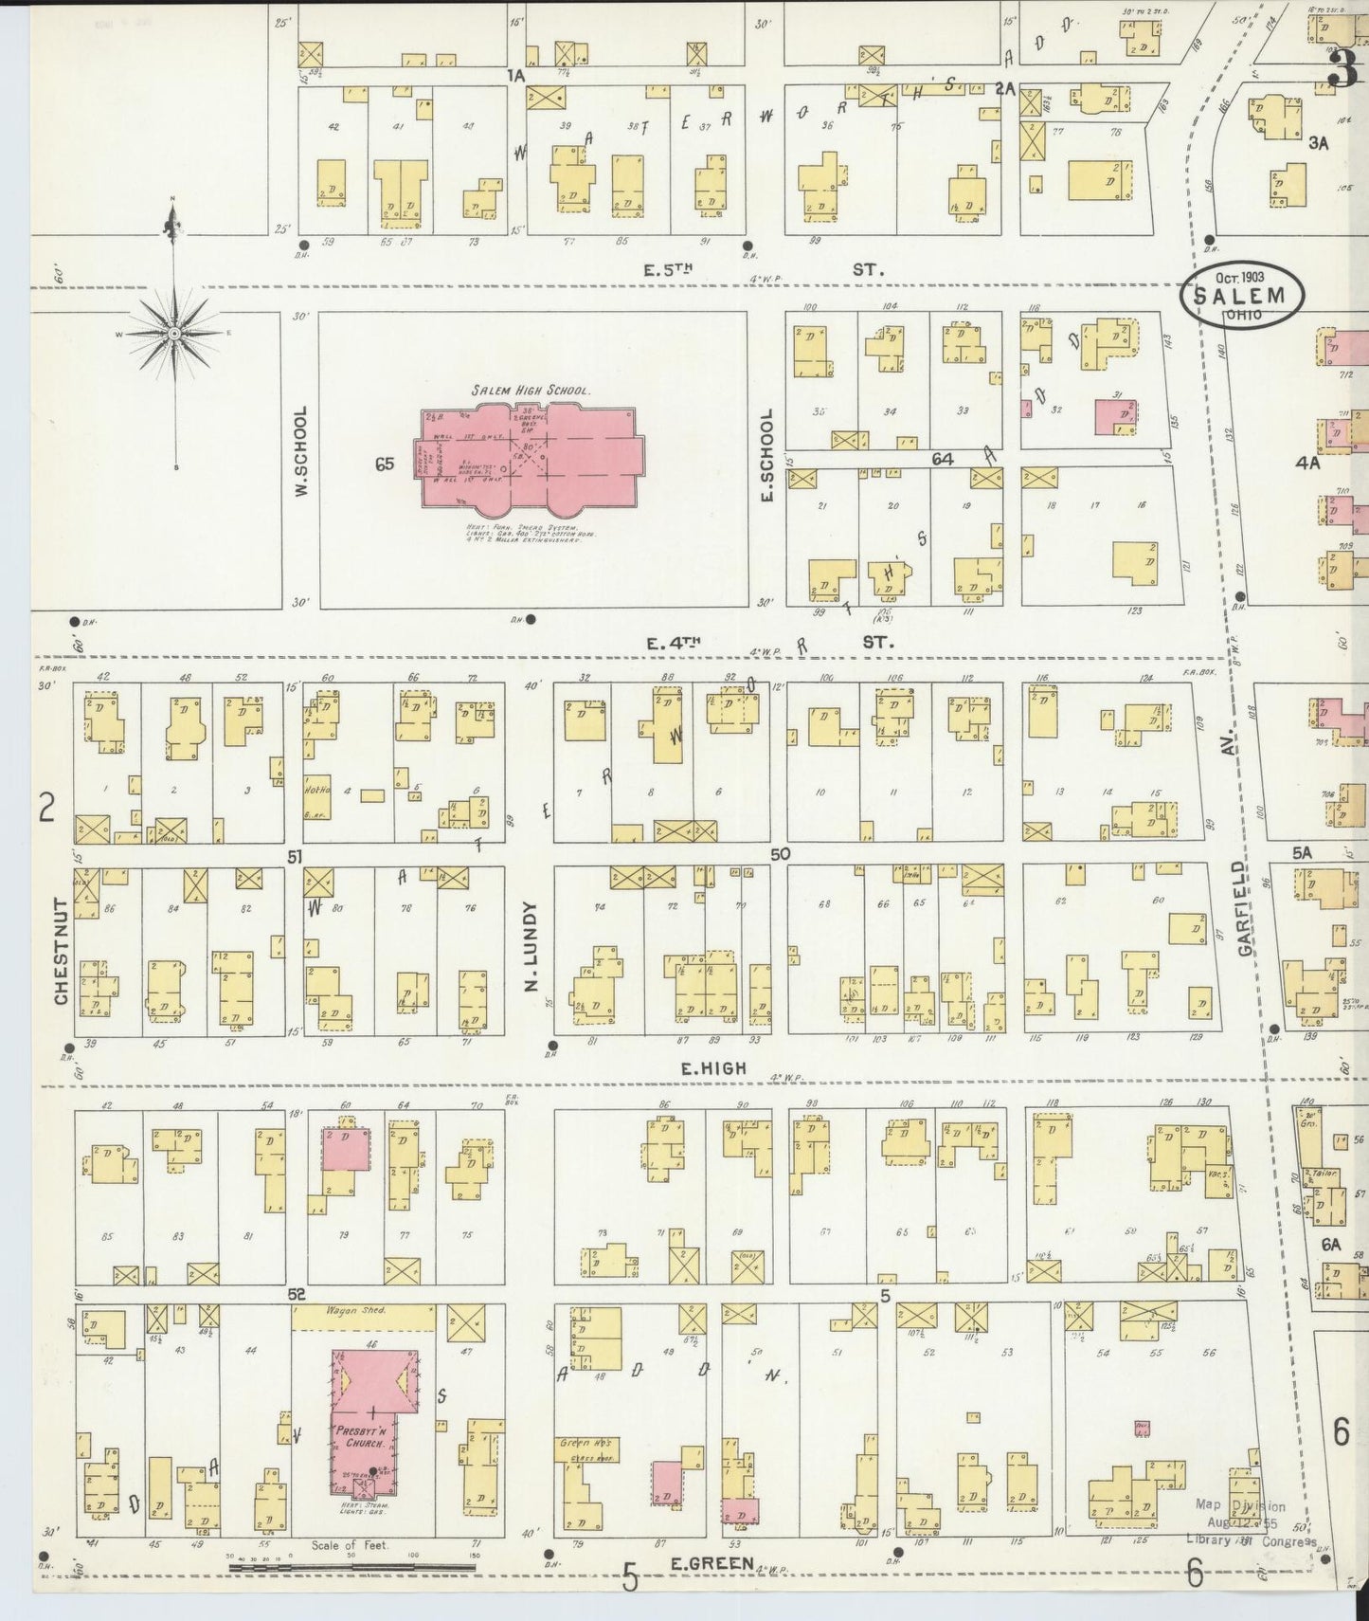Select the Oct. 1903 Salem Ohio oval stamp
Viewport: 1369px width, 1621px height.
tap(1240, 296)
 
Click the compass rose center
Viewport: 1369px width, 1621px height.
tap(174, 334)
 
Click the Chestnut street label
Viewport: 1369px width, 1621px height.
tap(61, 951)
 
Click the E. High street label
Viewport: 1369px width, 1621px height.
tap(714, 1068)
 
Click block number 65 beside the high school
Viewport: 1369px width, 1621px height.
tap(384, 464)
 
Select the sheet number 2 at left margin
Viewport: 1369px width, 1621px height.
tap(47, 807)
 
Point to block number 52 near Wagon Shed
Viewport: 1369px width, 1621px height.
tap(297, 1293)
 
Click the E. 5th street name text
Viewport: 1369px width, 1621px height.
tap(669, 270)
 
